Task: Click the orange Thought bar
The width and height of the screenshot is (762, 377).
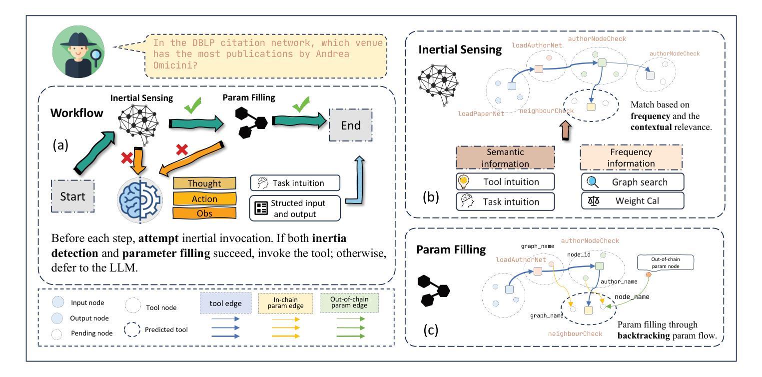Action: [x=204, y=183]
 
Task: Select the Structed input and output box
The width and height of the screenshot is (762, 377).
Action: [x=295, y=208]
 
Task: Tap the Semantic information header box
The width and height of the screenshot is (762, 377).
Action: [x=505, y=158]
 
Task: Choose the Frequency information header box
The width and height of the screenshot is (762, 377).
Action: [x=632, y=158]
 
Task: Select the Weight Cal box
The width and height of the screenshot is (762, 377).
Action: [x=632, y=201]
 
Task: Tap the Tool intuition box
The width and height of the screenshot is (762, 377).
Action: [x=505, y=181]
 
